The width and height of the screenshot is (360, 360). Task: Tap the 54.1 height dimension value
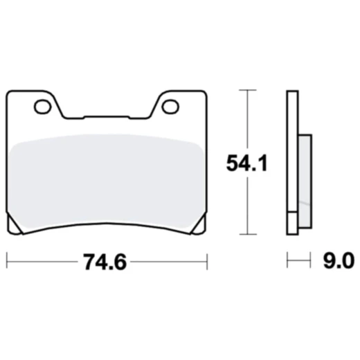coord(246,164)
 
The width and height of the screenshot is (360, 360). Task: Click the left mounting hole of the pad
coord(42,107)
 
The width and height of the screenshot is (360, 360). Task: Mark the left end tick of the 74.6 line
coord(7,262)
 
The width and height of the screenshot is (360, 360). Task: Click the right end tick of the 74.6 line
coord(207,262)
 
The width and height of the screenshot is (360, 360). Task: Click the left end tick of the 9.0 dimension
coord(287,262)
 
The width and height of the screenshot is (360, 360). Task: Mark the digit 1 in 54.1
coord(263,164)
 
